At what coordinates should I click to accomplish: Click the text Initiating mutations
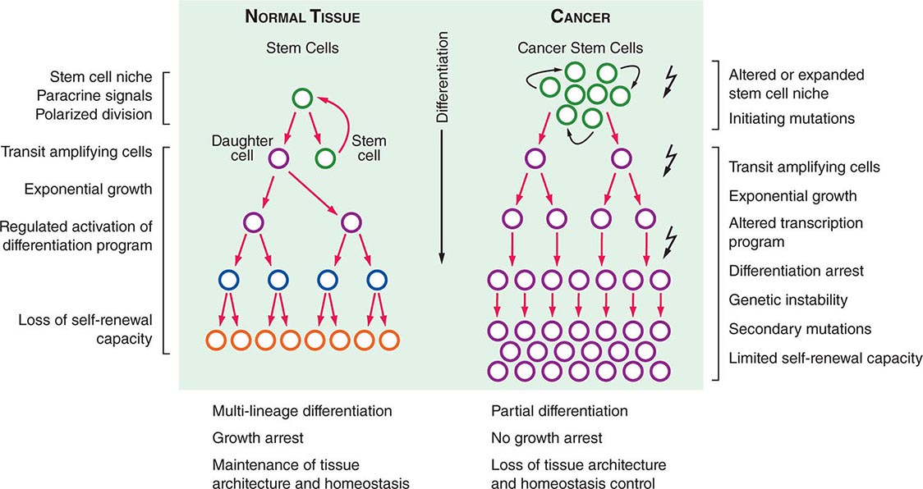[x=792, y=118]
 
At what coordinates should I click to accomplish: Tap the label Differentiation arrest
[x=797, y=270]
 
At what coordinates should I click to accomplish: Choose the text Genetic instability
[x=788, y=299]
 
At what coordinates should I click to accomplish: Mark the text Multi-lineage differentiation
[x=301, y=411]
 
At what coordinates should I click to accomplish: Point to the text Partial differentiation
[x=558, y=411]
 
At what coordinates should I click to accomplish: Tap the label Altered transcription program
[x=784, y=232]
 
